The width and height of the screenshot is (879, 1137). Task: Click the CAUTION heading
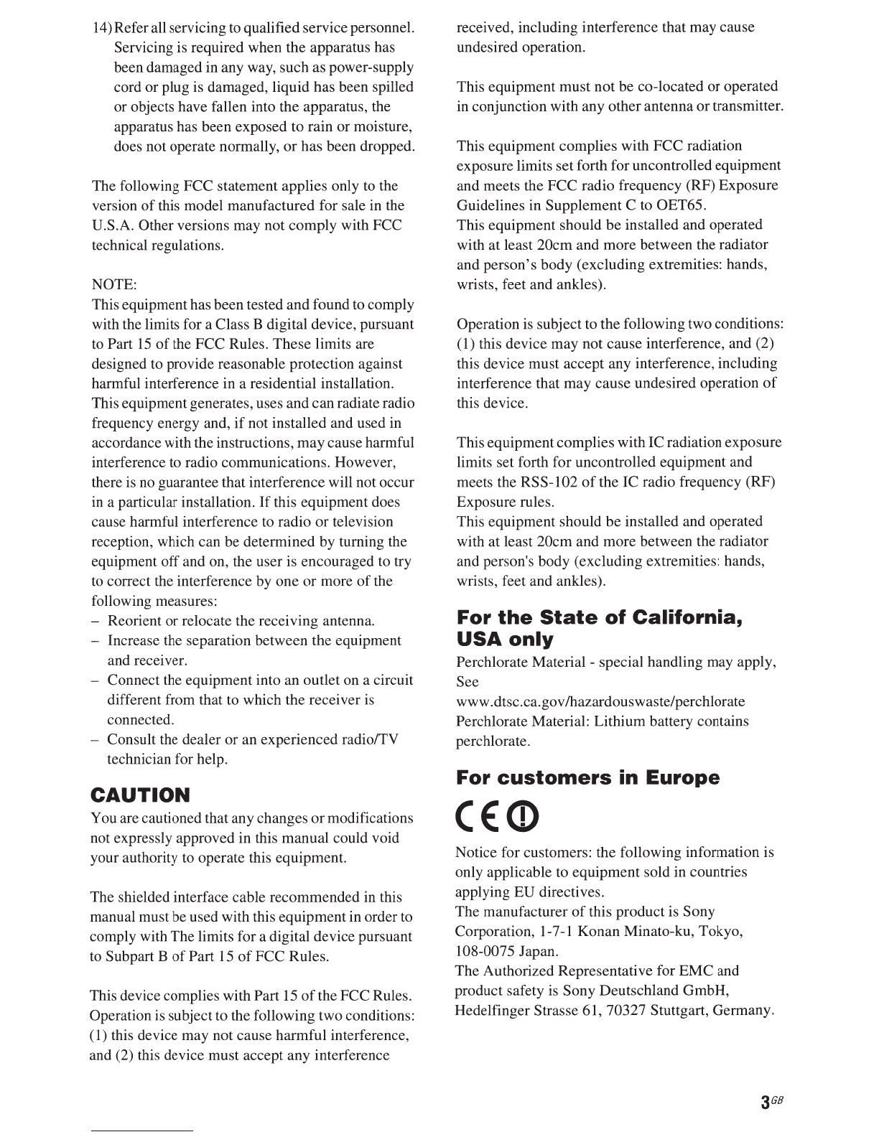click(141, 795)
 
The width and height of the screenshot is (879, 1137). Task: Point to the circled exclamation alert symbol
click(523, 815)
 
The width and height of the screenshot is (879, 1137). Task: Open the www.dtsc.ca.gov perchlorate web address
click(600, 701)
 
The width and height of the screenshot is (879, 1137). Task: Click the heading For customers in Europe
click(587, 778)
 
